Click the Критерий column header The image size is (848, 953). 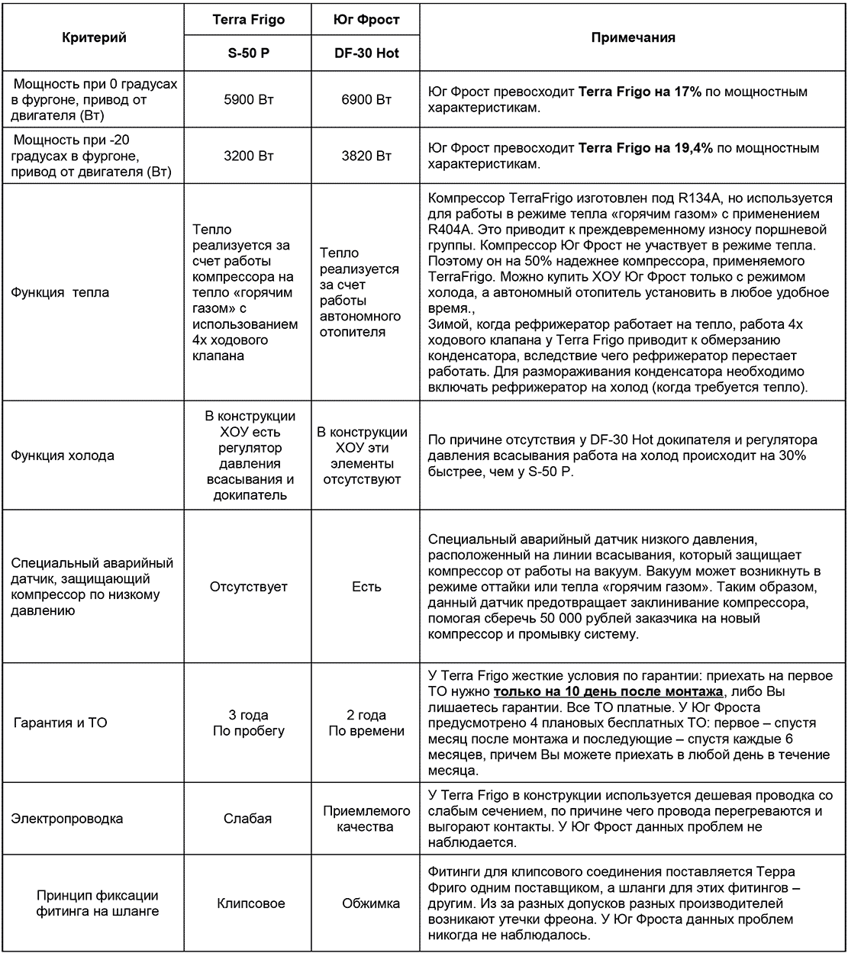tap(94, 37)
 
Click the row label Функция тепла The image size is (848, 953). tap(60, 292)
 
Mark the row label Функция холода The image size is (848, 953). tap(63, 456)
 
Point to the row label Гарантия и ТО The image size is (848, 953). tap(60, 722)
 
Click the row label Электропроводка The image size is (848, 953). tap(67, 819)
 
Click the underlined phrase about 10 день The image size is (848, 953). tap(608, 692)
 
